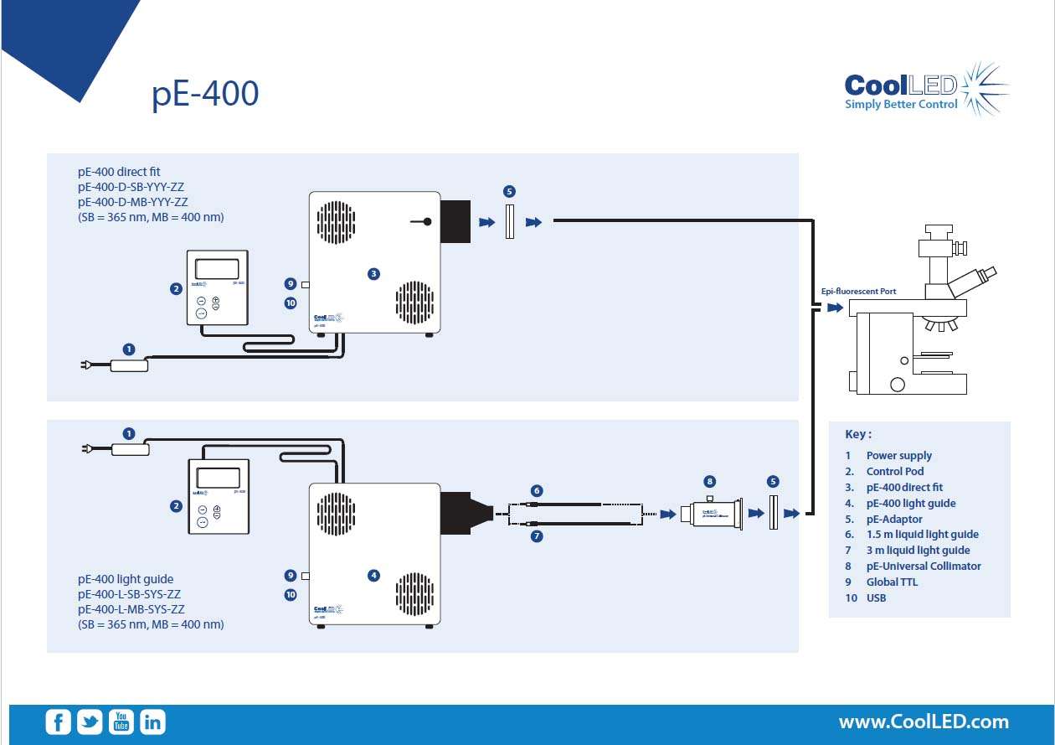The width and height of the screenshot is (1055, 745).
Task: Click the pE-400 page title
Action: point(205,94)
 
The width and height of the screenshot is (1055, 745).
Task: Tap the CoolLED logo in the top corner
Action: point(925,88)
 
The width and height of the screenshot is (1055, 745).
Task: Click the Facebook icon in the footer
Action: point(58,722)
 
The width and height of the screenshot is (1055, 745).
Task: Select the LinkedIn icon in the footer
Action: point(152,722)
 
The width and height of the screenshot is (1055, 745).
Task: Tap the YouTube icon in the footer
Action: point(121,722)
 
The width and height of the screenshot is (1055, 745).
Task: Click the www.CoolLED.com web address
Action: point(924,722)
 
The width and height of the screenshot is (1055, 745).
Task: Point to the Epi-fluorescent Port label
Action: point(858,292)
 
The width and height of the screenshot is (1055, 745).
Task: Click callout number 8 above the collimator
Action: point(710,481)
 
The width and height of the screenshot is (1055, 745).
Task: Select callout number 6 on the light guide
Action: point(537,490)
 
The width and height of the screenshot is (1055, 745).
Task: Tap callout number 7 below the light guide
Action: point(537,536)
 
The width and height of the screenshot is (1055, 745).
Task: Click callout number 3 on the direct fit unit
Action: point(373,273)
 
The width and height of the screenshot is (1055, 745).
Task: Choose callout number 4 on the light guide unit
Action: point(373,575)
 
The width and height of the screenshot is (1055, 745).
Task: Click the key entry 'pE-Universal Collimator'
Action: point(923,567)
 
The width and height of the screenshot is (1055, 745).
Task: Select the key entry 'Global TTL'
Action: point(892,582)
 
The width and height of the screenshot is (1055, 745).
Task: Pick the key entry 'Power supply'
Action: point(898,456)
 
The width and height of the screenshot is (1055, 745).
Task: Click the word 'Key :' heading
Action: point(858,434)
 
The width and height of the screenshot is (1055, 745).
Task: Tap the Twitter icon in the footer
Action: point(90,722)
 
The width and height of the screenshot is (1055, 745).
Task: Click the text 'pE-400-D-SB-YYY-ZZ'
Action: point(131,187)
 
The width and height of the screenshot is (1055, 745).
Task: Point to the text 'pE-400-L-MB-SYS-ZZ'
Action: point(131,609)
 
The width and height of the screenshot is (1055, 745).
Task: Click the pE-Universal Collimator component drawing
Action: point(710,513)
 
